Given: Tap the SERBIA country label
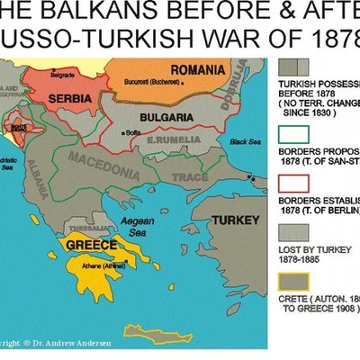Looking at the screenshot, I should coord(68,95).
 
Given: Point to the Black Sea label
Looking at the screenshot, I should coord(244,141).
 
